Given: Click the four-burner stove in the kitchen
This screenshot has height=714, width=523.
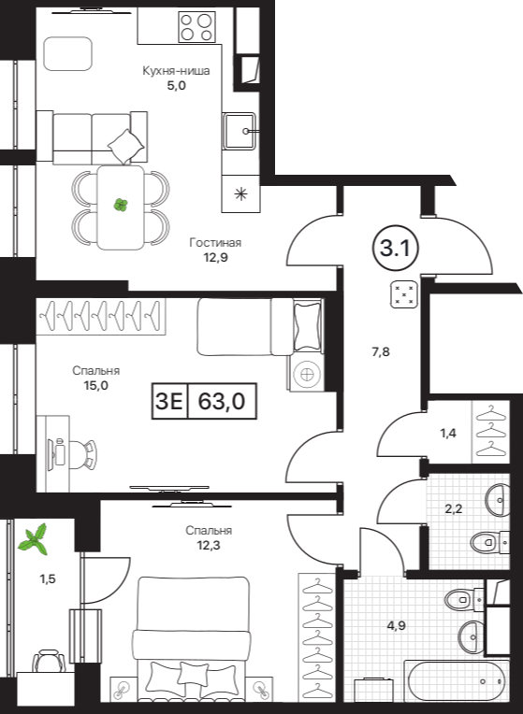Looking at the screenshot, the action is tap(197, 27).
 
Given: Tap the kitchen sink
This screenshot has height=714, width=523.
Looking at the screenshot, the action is tap(239, 131).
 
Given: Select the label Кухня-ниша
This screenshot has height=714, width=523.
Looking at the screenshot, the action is tap(176, 71).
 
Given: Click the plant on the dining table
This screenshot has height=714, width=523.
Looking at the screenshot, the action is tap(121, 205).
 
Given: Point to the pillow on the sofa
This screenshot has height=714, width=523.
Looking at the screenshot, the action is tap(126, 146).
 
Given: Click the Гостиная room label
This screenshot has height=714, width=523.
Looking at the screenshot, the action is tap(215, 242).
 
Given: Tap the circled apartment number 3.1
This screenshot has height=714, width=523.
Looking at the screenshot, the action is tap(396, 249).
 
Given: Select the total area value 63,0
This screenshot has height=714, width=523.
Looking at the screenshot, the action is tap(222, 401).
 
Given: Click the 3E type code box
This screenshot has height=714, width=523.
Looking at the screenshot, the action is tap(169, 401).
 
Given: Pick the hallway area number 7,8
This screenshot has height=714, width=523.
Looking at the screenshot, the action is tap(381, 351).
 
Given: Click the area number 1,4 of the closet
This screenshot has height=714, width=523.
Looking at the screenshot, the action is tap(448, 433).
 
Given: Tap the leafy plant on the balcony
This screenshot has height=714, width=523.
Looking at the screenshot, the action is tap(34, 539).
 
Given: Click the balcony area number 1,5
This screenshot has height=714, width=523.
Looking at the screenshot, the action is tap(48, 578).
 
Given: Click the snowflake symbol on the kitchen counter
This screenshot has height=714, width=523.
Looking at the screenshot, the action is tap(240, 194).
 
